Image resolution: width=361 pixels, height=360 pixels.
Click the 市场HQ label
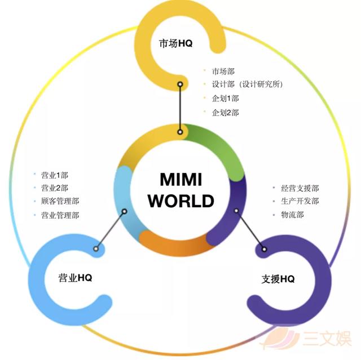[x=175, y=43]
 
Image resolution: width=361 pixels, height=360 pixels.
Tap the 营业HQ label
[x=75, y=278]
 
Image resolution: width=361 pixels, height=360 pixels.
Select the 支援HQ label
[x=278, y=279]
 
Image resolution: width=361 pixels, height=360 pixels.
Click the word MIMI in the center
[x=181, y=179]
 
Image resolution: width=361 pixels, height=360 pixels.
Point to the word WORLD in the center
[x=181, y=201]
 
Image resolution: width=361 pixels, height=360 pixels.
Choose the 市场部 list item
[x=223, y=71]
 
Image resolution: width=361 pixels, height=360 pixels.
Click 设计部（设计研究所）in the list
[x=247, y=84]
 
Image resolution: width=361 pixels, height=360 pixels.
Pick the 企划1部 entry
[x=225, y=99]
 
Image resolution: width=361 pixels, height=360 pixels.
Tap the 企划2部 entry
[x=225, y=113]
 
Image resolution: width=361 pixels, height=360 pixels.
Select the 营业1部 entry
[x=55, y=175]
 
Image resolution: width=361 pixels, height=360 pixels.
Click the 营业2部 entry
[x=55, y=188]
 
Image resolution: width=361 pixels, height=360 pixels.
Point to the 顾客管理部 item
[x=60, y=201]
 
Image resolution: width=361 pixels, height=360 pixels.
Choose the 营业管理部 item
[x=60, y=215]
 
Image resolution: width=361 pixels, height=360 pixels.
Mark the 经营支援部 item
[x=300, y=188]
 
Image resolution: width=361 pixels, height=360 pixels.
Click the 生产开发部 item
[x=300, y=201]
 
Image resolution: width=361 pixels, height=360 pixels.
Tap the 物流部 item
[x=292, y=215]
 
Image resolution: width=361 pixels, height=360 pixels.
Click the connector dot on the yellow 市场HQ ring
[x=180, y=85]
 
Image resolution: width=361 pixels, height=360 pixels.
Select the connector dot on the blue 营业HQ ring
[x=96, y=249]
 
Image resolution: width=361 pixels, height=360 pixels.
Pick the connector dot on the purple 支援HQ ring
[x=265, y=249]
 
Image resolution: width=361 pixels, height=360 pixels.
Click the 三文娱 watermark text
[x=327, y=339]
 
